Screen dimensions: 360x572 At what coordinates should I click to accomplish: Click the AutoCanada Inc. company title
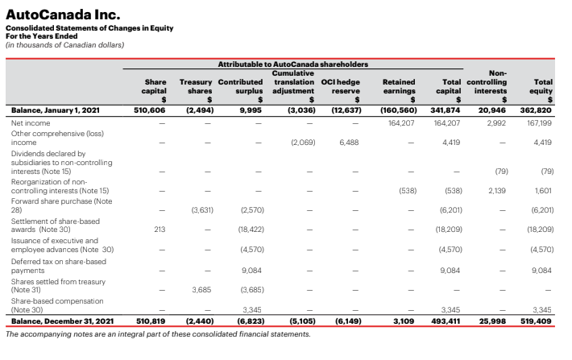pos(63,14)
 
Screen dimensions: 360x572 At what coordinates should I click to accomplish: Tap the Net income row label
pos(31,122)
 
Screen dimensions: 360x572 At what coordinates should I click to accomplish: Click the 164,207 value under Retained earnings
pos(400,122)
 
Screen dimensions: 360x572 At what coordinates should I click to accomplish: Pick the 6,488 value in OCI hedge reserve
pos(350,142)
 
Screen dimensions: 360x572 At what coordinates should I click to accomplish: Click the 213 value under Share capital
pos(159,229)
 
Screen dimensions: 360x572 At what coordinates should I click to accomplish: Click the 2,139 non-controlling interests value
pos(496,190)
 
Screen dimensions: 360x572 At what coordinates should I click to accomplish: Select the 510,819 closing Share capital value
pos(150,321)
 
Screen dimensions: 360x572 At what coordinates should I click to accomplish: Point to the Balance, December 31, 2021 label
pos(60,321)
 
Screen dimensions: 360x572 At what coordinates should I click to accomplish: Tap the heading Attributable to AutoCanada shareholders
pos(293,63)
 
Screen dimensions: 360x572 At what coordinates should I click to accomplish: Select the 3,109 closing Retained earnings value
pos(404,321)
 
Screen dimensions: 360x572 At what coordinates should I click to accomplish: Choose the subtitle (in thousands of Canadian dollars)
pos(64,44)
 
